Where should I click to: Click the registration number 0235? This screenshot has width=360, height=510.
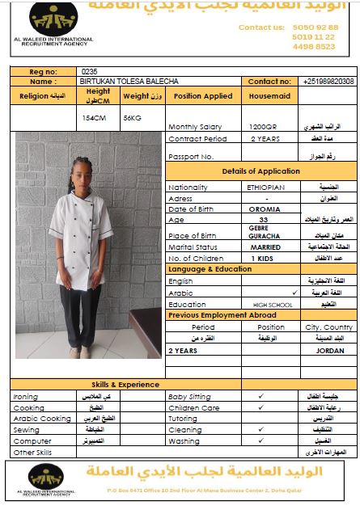click(x=89, y=71)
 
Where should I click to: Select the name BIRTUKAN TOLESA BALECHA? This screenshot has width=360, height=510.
click(x=129, y=82)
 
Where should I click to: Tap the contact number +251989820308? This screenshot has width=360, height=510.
click(x=328, y=82)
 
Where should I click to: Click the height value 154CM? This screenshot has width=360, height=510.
click(x=95, y=117)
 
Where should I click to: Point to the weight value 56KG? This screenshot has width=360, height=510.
click(x=132, y=117)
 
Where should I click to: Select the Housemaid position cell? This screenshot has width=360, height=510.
click(x=264, y=95)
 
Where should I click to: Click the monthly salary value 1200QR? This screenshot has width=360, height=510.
click(x=263, y=127)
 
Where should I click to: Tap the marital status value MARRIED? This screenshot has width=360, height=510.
click(x=265, y=247)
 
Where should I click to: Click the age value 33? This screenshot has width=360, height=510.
click(x=264, y=219)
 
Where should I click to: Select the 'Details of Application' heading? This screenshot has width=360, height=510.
click(x=260, y=171)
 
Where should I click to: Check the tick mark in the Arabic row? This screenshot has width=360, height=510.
click(x=294, y=292)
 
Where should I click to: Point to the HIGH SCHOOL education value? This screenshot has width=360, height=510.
click(x=272, y=305)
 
